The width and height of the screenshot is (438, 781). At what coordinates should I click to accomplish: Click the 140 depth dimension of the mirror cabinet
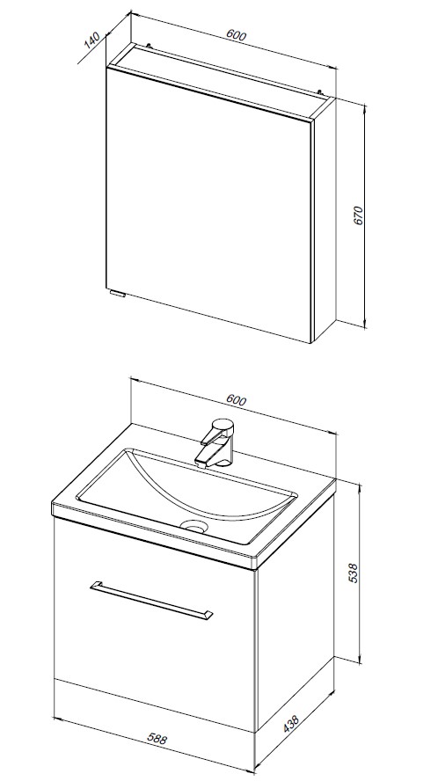coord(92,40)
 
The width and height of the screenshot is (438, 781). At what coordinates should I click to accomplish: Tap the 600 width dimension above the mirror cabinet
coord(237,35)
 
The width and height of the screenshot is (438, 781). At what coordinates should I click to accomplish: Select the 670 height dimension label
coord(359,215)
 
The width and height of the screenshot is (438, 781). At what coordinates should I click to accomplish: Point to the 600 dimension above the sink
coord(237,400)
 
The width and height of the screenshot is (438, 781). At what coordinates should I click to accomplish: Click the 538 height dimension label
coord(353,573)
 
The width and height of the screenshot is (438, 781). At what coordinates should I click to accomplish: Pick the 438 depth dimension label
coord(291,724)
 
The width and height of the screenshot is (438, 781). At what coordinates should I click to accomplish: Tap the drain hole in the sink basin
coord(194,525)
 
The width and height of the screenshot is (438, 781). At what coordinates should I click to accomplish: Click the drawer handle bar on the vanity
coord(151,600)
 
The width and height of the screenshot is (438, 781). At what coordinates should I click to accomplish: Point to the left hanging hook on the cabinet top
coord(148,46)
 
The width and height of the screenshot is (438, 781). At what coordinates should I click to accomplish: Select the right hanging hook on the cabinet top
coord(320,91)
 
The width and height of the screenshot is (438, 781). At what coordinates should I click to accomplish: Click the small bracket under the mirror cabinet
coord(117,294)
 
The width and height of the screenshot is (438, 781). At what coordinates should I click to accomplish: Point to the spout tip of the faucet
coord(201,463)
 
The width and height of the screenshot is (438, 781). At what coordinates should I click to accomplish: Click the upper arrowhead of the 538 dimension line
coord(359,486)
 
